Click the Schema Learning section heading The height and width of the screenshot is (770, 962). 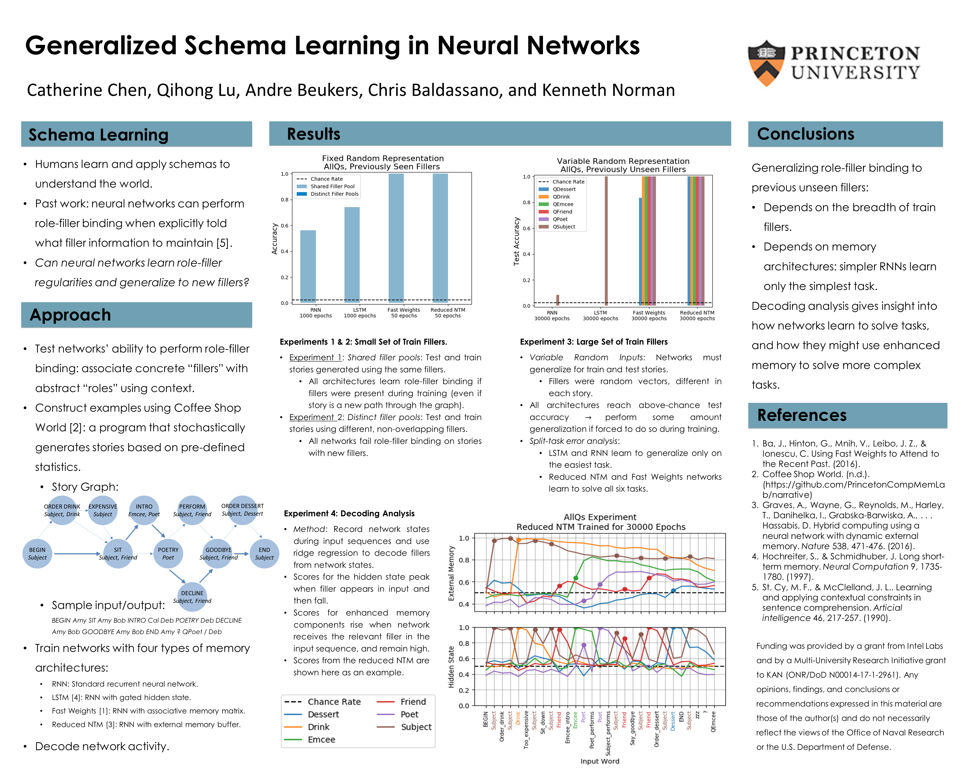[99, 135]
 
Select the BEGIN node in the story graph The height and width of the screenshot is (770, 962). [37, 553]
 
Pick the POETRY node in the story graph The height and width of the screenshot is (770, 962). [168, 553]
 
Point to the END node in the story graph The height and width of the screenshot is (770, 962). [264, 553]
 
